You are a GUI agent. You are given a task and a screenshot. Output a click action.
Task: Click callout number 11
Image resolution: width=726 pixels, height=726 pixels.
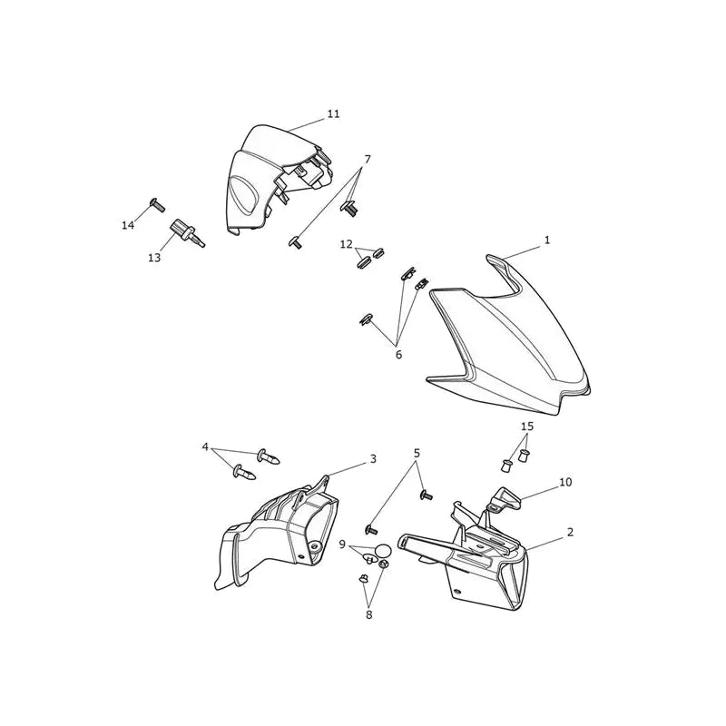(x=333, y=114)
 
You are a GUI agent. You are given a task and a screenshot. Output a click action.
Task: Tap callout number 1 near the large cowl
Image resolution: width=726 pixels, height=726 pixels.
(x=547, y=240)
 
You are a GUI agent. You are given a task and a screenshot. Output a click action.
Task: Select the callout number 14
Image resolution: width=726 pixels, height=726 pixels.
(x=128, y=225)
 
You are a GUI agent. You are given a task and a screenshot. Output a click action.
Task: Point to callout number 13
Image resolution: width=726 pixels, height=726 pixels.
(x=154, y=258)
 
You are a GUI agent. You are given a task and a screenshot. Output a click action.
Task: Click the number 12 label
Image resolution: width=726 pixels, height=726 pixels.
(x=347, y=244)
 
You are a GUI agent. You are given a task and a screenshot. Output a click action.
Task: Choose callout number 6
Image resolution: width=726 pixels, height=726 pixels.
(x=398, y=355)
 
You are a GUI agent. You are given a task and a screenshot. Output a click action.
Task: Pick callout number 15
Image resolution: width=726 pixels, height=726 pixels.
(x=527, y=426)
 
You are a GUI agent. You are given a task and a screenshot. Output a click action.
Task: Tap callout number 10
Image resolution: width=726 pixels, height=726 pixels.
(x=565, y=482)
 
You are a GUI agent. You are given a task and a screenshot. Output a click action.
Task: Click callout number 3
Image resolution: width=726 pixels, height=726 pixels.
(x=373, y=459)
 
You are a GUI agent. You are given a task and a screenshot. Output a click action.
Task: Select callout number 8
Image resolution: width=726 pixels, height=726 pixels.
(x=369, y=615)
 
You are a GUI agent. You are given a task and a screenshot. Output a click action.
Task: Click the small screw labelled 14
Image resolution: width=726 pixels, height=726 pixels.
(x=157, y=205)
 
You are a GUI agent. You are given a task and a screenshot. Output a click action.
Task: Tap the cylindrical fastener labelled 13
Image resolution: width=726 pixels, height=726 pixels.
(x=188, y=233)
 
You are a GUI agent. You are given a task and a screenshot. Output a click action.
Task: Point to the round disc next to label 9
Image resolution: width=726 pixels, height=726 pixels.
(x=383, y=551)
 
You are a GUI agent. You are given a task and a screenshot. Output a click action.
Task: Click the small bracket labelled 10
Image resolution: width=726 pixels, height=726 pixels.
(x=505, y=499)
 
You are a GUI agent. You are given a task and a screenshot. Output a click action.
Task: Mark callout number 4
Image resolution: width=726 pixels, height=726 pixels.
(x=205, y=447)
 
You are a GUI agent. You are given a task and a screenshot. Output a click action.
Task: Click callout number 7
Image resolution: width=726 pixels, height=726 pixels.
(x=368, y=160)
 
